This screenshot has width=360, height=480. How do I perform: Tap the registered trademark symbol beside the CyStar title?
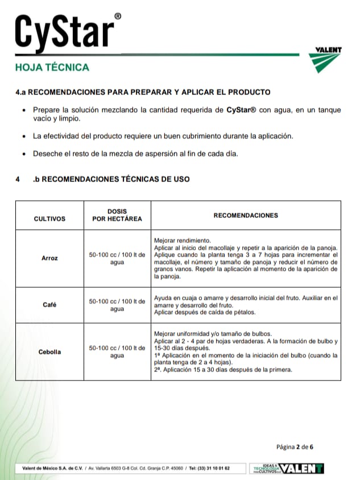click(117, 17)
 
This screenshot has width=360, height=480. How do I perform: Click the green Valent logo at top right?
click(328, 61)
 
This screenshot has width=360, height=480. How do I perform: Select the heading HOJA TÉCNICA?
click(52, 67)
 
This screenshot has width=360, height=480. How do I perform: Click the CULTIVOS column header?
click(49, 218)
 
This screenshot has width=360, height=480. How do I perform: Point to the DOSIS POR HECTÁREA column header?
click(117, 215)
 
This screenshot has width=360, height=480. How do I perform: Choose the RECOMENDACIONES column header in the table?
click(246, 216)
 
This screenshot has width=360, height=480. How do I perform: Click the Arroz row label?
click(49, 258)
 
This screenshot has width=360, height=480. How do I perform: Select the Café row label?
click(49, 305)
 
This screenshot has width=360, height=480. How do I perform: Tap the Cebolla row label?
click(49, 351)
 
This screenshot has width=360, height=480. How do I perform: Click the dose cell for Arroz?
click(117, 258)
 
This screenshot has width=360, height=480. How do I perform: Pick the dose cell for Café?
click(117, 305)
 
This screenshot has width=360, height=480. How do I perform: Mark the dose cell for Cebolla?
click(117, 351)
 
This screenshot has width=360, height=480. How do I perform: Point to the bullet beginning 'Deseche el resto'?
click(135, 154)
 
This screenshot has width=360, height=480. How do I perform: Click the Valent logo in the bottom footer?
click(301, 469)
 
